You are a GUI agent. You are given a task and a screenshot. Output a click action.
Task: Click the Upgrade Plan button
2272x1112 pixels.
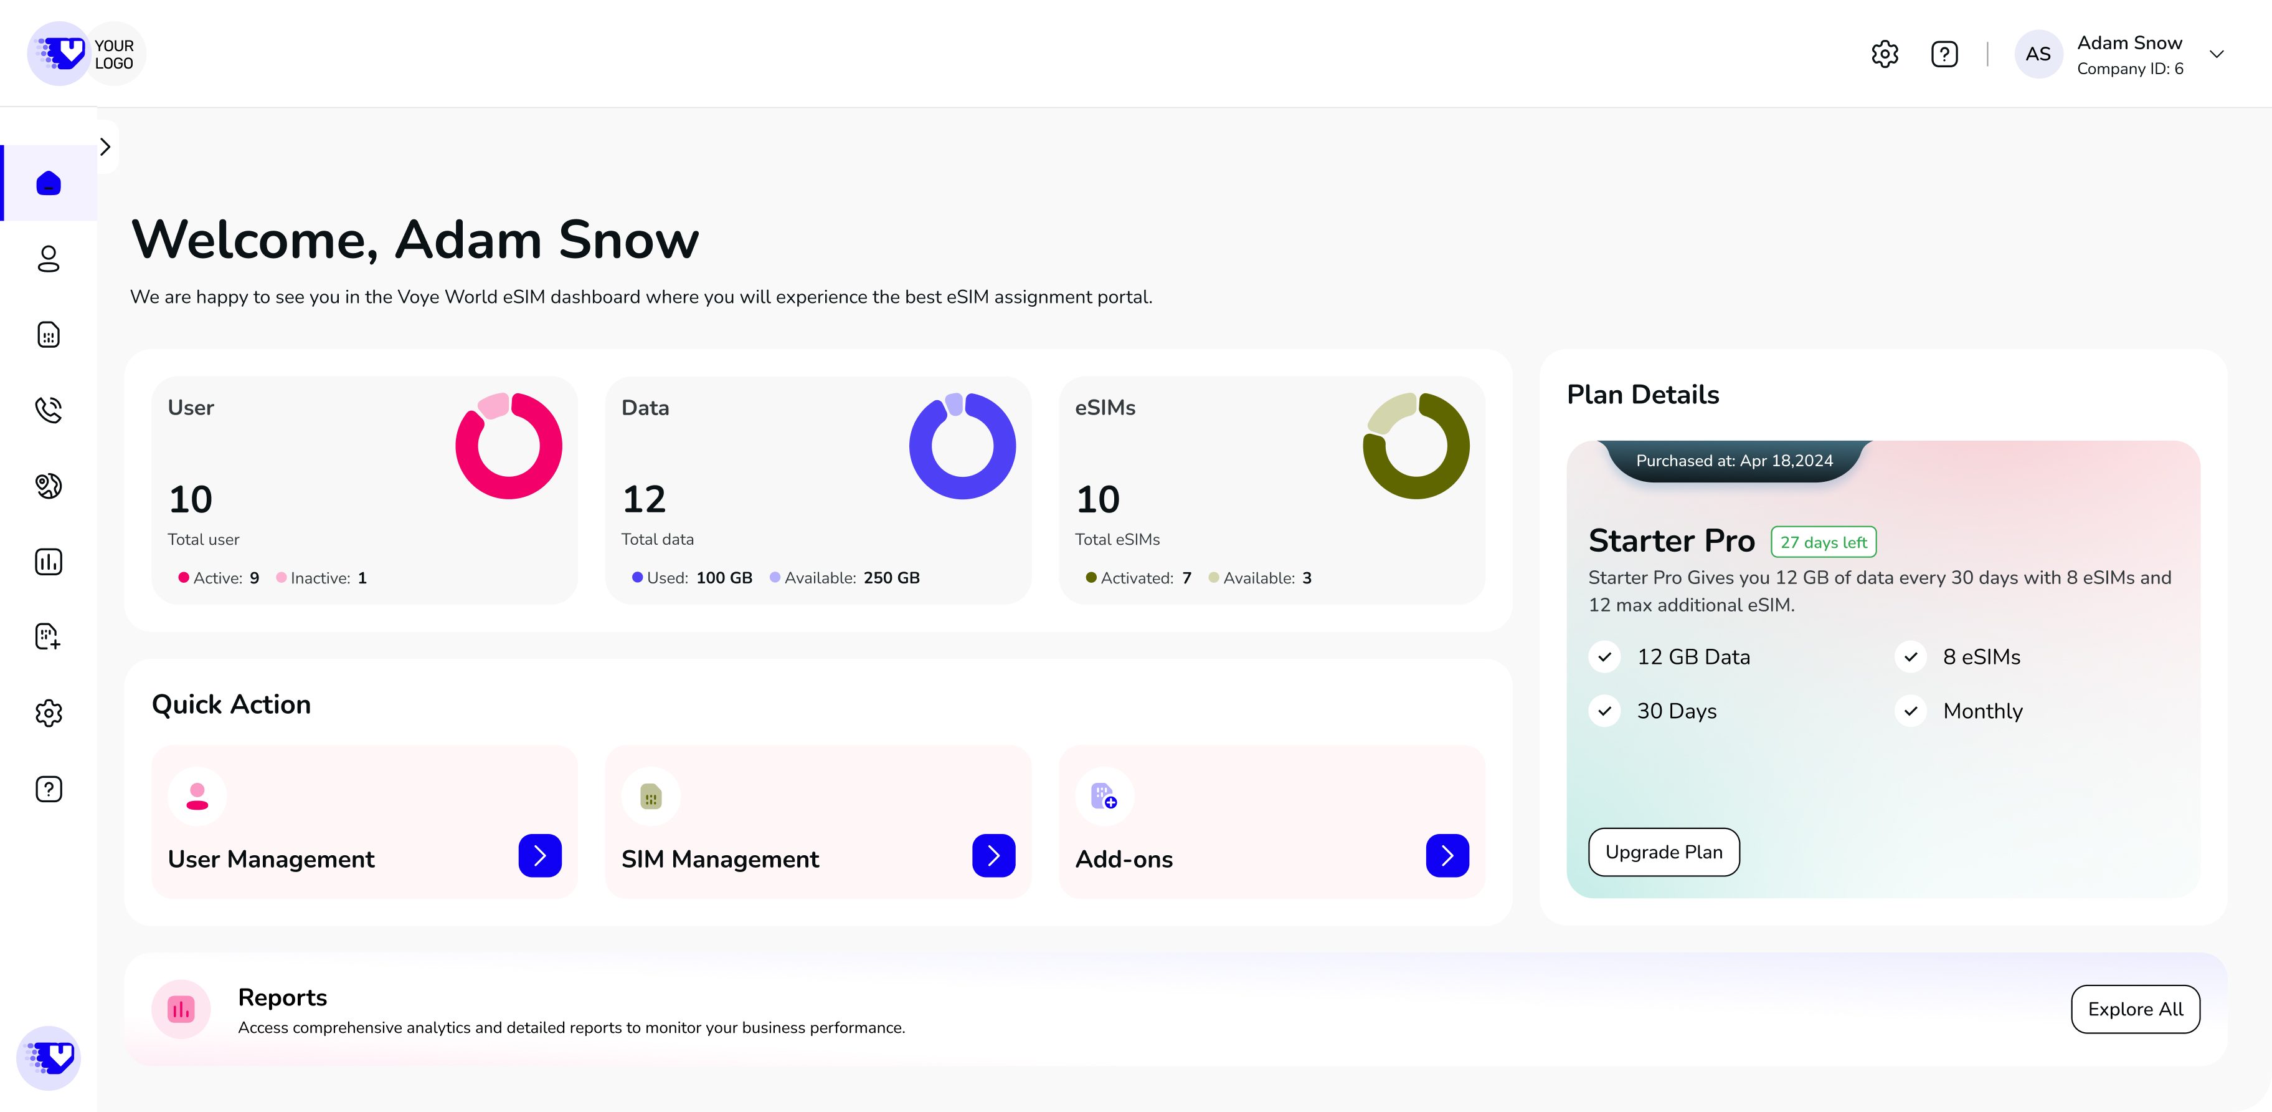(x=1664, y=851)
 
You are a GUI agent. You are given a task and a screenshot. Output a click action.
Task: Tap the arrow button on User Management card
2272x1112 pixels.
(x=540, y=855)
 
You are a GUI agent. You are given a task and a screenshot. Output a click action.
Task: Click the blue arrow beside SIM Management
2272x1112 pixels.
(x=993, y=855)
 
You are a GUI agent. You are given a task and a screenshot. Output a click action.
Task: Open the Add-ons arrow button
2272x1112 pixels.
(x=1446, y=855)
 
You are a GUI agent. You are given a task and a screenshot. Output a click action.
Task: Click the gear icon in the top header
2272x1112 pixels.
(x=1885, y=54)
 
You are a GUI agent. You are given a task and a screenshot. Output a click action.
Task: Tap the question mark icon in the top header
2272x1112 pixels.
(x=1944, y=54)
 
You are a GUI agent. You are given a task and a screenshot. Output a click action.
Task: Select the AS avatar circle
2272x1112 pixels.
(x=2037, y=54)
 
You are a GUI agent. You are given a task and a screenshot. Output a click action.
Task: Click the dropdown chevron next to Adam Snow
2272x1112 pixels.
(x=2217, y=54)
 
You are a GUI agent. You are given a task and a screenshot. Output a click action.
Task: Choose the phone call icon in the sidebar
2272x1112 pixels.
(x=49, y=410)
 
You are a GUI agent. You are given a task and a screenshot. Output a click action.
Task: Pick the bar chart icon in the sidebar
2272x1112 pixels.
(x=49, y=561)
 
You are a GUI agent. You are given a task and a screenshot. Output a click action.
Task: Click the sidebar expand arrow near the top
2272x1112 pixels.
(x=106, y=146)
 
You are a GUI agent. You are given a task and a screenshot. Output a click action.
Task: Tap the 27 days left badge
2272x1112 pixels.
(x=1823, y=542)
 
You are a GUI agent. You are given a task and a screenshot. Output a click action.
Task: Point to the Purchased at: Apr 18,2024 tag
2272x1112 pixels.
(x=1734, y=461)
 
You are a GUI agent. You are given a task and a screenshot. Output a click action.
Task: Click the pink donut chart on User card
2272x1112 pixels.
(x=509, y=446)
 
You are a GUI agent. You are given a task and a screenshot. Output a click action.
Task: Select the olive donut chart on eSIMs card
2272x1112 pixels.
(x=1416, y=446)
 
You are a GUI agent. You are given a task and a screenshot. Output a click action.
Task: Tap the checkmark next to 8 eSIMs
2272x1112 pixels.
(x=1910, y=656)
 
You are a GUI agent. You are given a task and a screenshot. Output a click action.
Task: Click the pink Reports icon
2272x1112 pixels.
(x=181, y=1009)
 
